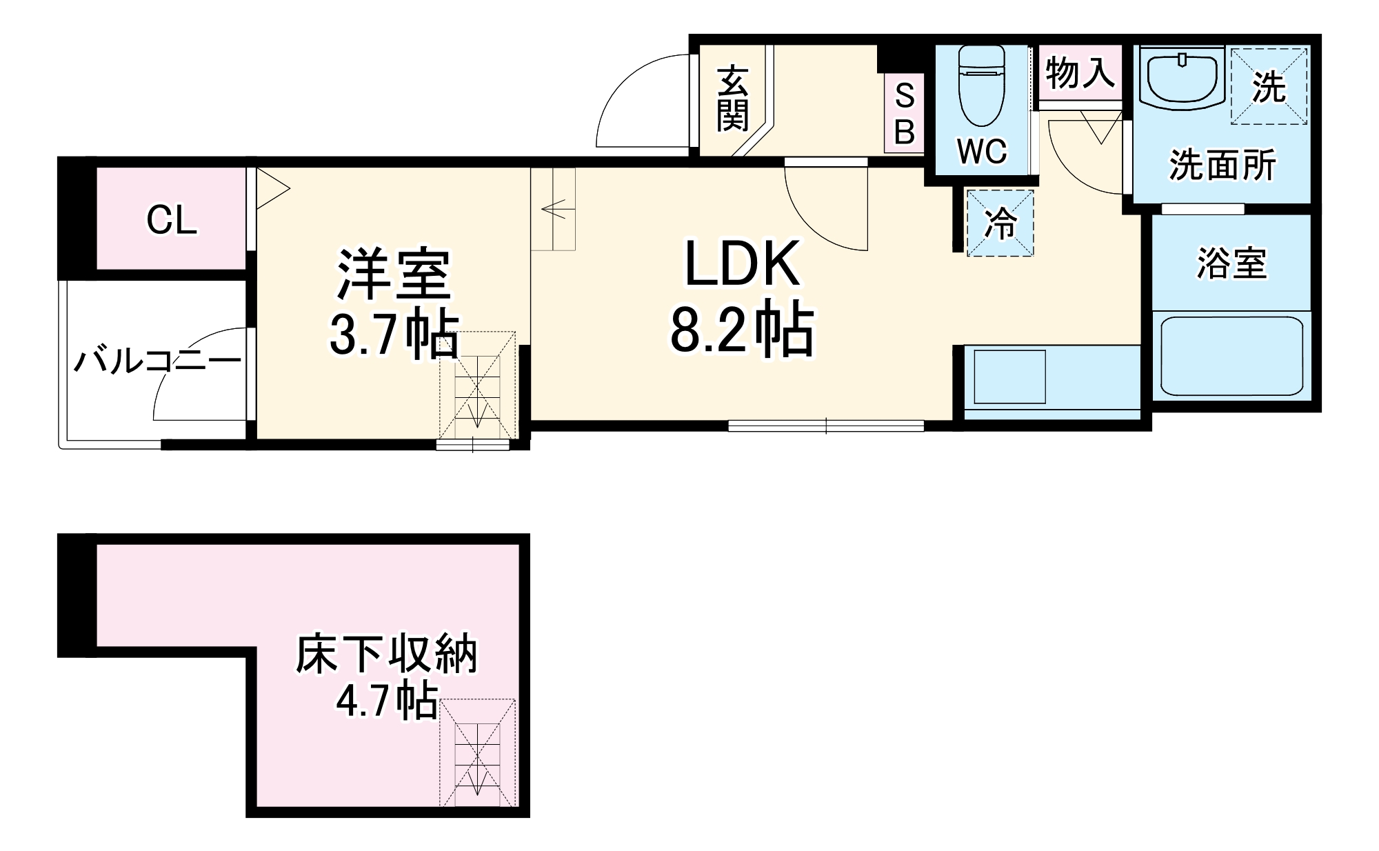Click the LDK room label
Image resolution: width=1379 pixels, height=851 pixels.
(743, 263)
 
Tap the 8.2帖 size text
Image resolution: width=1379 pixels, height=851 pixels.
(743, 331)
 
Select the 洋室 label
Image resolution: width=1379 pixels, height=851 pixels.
(394, 274)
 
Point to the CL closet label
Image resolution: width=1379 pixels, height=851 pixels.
(172, 221)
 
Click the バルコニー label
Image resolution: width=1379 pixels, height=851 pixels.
(158, 361)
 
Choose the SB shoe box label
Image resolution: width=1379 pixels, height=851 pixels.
(905, 113)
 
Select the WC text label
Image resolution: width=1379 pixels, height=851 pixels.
(982, 152)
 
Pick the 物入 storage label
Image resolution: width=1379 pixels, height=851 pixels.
(1080, 72)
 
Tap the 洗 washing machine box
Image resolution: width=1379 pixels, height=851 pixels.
(1269, 86)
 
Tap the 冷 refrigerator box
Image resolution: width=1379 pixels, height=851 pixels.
(1000, 223)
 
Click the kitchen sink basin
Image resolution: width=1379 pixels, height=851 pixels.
(1009, 377)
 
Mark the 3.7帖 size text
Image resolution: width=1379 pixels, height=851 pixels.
(394, 334)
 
